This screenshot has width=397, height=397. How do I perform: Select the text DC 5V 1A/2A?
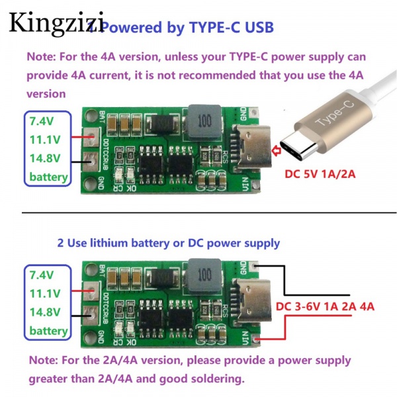321,175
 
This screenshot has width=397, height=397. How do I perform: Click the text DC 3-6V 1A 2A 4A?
325,307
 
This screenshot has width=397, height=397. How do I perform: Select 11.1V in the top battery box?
45,140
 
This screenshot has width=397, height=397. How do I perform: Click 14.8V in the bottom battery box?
45,312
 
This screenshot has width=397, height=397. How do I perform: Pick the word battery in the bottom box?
48,330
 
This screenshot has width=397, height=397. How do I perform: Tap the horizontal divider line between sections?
198,213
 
